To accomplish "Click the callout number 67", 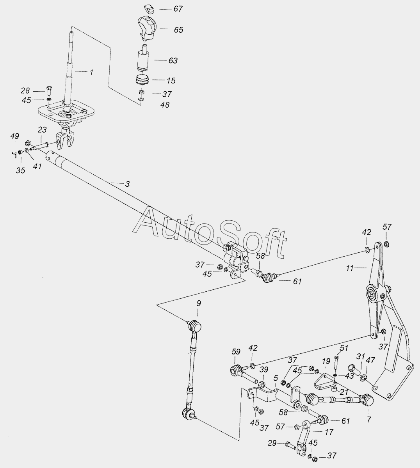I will coord(178,9).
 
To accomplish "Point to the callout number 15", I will coord(171,80).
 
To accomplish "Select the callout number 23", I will coord(42,130).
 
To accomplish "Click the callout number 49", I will coord(14,136).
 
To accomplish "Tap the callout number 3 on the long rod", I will coord(127,184).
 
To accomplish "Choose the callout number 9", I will coord(198,302).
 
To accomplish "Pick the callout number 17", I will coord(329,432).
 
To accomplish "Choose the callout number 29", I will coord(272,443).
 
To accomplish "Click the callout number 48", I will coord(165,105).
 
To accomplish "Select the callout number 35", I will coord(21,170).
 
